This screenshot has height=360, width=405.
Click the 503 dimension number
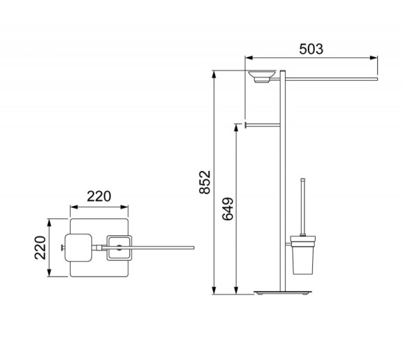coord(311,49)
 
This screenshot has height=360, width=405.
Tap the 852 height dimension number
coord(205,182)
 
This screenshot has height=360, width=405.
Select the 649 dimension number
coord(228,209)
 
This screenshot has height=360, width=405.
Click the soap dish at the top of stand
coord(262,76)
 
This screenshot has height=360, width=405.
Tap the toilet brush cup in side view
coord(303,255)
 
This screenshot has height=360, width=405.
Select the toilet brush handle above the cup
coord(303,207)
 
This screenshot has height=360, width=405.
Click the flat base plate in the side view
coord(283,292)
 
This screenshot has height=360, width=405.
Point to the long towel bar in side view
coord(331,79)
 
